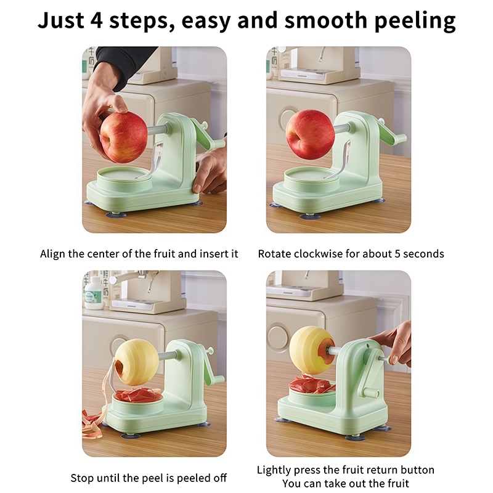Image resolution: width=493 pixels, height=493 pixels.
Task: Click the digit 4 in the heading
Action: point(96,20)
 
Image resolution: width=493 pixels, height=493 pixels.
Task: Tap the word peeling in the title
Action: point(415,21)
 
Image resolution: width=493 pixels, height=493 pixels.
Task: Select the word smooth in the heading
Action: point(326,20)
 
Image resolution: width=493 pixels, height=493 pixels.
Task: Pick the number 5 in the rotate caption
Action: point(397,254)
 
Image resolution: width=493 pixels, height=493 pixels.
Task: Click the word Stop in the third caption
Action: point(82,478)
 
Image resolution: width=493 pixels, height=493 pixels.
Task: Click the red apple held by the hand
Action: point(124,137)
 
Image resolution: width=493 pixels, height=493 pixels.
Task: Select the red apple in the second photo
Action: point(310,134)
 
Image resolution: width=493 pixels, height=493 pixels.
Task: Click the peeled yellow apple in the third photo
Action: point(136,362)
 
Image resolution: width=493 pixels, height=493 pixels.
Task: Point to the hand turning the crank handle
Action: point(394,344)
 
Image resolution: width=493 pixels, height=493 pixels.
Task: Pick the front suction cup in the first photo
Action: point(116,215)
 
